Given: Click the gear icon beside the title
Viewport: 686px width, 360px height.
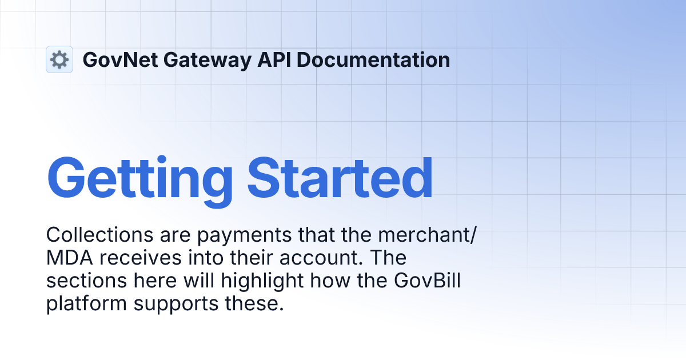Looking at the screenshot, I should (x=59, y=59).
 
